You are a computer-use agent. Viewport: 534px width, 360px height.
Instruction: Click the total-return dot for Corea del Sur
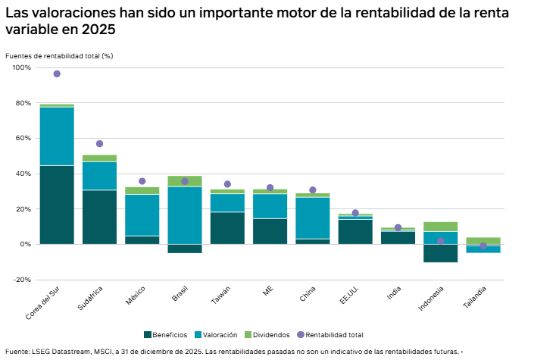click(57, 74)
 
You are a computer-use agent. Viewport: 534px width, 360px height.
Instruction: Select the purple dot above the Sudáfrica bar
click(99, 144)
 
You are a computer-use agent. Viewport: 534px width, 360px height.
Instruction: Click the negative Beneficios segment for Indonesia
click(440, 253)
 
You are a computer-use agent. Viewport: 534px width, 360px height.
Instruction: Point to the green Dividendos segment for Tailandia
click(482, 241)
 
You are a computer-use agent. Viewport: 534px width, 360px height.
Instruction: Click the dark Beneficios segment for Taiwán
click(227, 228)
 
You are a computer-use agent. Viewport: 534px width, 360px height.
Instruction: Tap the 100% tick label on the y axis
click(22, 68)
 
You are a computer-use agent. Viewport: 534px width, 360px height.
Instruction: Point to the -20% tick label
click(22, 280)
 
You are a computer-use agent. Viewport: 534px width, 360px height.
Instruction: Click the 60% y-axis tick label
click(23, 139)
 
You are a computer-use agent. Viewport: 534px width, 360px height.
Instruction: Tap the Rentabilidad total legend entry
click(334, 334)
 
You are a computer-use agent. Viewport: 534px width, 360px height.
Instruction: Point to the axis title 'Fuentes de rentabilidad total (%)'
click(58, 56)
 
